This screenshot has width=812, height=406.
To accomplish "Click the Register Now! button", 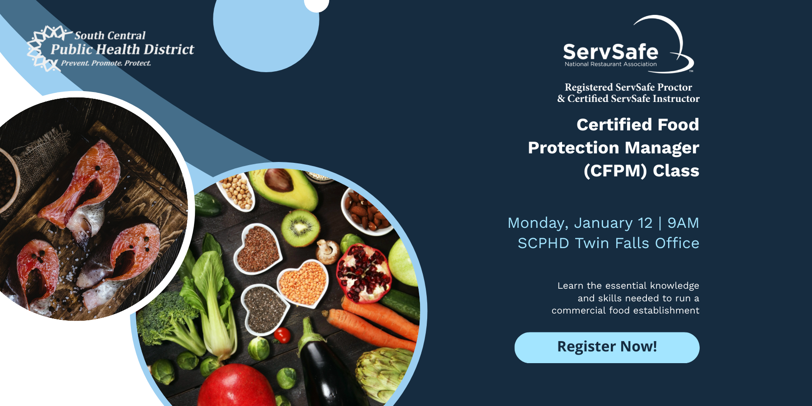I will (607, 347).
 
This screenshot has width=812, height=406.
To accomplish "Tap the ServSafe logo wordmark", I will (610, 52).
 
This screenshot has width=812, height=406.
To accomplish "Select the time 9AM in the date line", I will (683, 223).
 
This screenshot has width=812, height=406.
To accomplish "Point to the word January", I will (603, 223).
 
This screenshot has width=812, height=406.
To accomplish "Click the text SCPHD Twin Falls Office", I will (608, 243).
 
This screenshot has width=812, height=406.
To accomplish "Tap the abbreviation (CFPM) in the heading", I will (615, 171).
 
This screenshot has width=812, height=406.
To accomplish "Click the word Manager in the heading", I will (662, 148).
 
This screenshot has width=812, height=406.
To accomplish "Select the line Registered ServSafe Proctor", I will (628, 87).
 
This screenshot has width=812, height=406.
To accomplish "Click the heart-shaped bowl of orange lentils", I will (303, 283).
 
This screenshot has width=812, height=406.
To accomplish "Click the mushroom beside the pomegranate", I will (328, 251).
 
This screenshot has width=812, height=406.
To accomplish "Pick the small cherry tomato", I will (282, 335).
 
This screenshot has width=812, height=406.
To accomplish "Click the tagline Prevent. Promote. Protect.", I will (106, 63).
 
